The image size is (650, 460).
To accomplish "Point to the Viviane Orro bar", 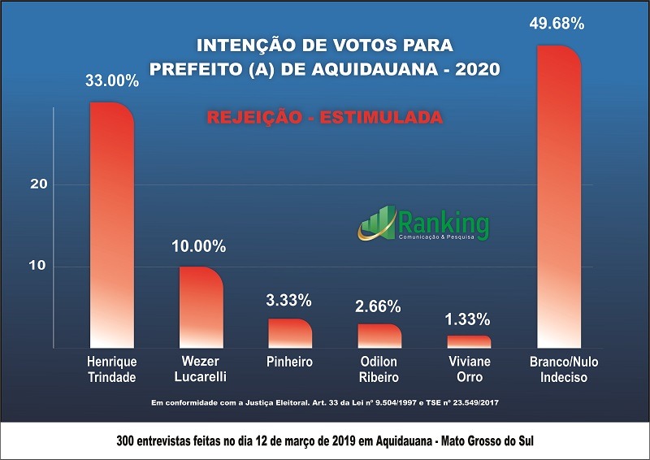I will pos(469,341).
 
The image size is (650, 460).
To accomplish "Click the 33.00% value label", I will pos(112,81).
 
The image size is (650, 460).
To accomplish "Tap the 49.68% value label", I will pos(557,24).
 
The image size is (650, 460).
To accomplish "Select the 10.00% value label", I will pos(198,246).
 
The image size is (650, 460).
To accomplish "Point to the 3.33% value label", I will pos(288,301).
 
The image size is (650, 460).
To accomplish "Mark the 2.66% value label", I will pos(378,307).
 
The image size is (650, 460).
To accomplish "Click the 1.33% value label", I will pos(469,318).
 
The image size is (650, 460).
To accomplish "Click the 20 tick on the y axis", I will pos(39,184).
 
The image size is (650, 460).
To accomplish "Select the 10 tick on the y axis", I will pos(39,266).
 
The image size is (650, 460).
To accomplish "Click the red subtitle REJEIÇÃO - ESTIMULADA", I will pos(324,117).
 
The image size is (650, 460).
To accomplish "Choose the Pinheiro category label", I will pos(289,362).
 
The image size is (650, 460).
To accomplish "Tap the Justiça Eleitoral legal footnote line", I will pos(324,404).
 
